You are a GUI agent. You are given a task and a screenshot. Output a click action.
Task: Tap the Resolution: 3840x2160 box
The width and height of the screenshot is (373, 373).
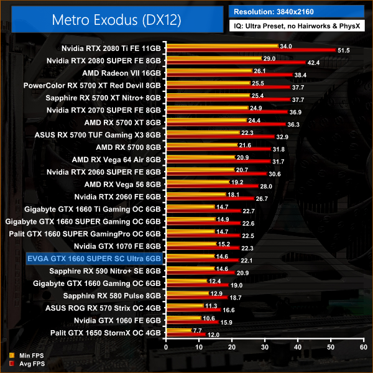pos(296,11)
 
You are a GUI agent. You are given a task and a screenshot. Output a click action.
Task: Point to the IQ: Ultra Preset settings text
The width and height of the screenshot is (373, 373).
pos(296,27)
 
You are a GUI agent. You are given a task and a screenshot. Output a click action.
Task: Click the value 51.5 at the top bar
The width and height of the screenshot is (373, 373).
pos(343,50)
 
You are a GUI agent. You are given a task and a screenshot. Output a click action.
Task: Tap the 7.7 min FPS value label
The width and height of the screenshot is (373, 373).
pos(198,331)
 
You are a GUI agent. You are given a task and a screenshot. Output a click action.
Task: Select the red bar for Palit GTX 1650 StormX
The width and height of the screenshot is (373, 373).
pos(185,334)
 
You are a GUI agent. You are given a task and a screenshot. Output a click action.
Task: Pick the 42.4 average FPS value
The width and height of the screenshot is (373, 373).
pos(313,62)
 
